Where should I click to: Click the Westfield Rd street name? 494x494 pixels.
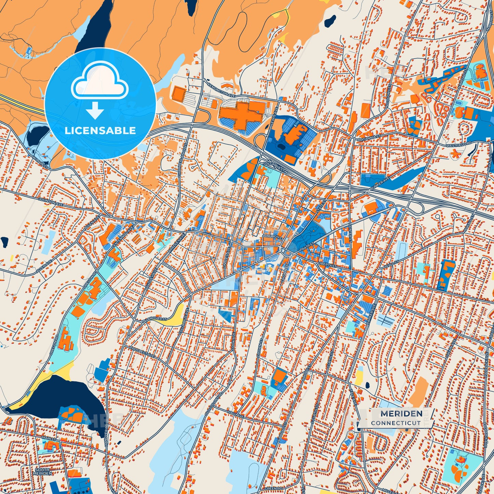click(459, 145)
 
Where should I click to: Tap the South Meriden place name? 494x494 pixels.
click(43, 472)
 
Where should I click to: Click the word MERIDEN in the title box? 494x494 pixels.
click(397, 414)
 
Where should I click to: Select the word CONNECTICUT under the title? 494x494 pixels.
click(396, 423)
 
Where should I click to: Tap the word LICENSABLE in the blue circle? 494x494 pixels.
click(100, 130)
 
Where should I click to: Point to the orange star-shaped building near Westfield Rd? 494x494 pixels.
click(455, 155)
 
